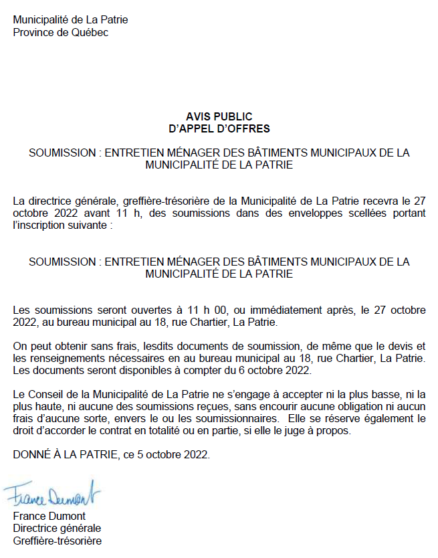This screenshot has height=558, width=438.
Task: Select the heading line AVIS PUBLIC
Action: (219, 117)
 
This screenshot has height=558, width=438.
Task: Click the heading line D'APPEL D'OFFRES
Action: (219, 128)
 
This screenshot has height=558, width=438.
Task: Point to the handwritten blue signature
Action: (51, 495)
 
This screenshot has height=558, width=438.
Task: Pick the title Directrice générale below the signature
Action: (57, 529)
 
